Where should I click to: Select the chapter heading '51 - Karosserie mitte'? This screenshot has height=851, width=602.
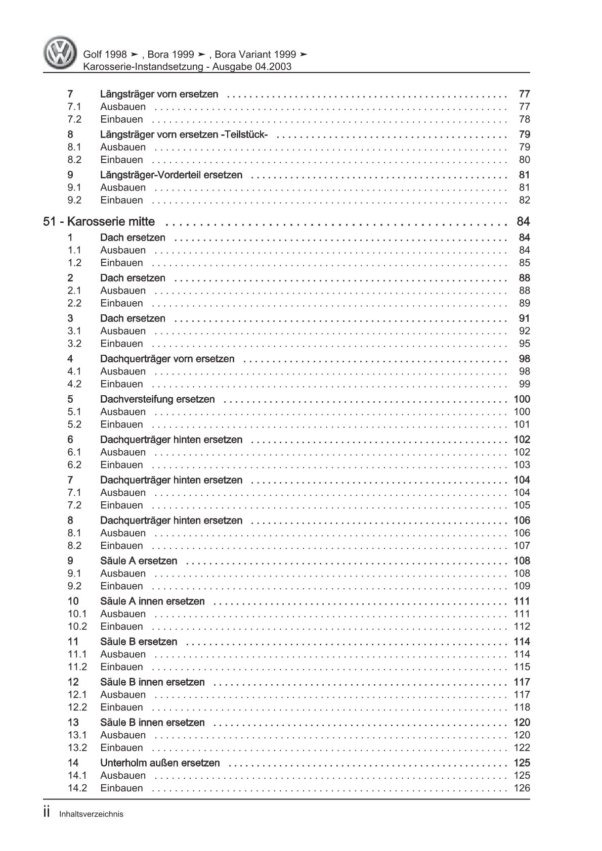click(x=99, y=222)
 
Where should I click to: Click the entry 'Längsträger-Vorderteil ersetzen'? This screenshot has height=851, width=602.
click(x=171, y=175)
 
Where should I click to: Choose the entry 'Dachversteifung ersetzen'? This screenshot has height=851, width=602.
click(x=157, y=399)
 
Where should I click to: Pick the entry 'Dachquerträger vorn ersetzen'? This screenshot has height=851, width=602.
click(x=167, y=359)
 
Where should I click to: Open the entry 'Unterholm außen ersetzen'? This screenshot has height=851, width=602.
click(x=160, y=763)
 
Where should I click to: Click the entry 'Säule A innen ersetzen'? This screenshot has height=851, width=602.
click(x=152, y=601)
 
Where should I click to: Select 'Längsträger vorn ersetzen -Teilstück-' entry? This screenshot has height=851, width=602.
click(x=184, y=134)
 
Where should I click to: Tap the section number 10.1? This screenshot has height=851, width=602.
click(x=77, y=614)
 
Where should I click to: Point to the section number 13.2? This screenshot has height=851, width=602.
click(x=77, y=748)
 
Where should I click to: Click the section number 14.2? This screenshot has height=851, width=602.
click(x=77, y=788)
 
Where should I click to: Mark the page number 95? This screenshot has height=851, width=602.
click(x=525, y=344)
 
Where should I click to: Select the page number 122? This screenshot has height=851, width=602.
click(x=522, y=748)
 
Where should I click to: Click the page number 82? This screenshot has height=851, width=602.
click(x=525, y=200)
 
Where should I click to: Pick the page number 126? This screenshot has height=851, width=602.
click(x=522, y=788)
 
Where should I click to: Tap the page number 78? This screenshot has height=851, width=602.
click(x=525, y=119)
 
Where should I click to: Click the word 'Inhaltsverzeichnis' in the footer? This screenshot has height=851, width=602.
click(x=91, y=814)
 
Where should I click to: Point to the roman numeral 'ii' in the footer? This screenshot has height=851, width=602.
click(x=47, y=813)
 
